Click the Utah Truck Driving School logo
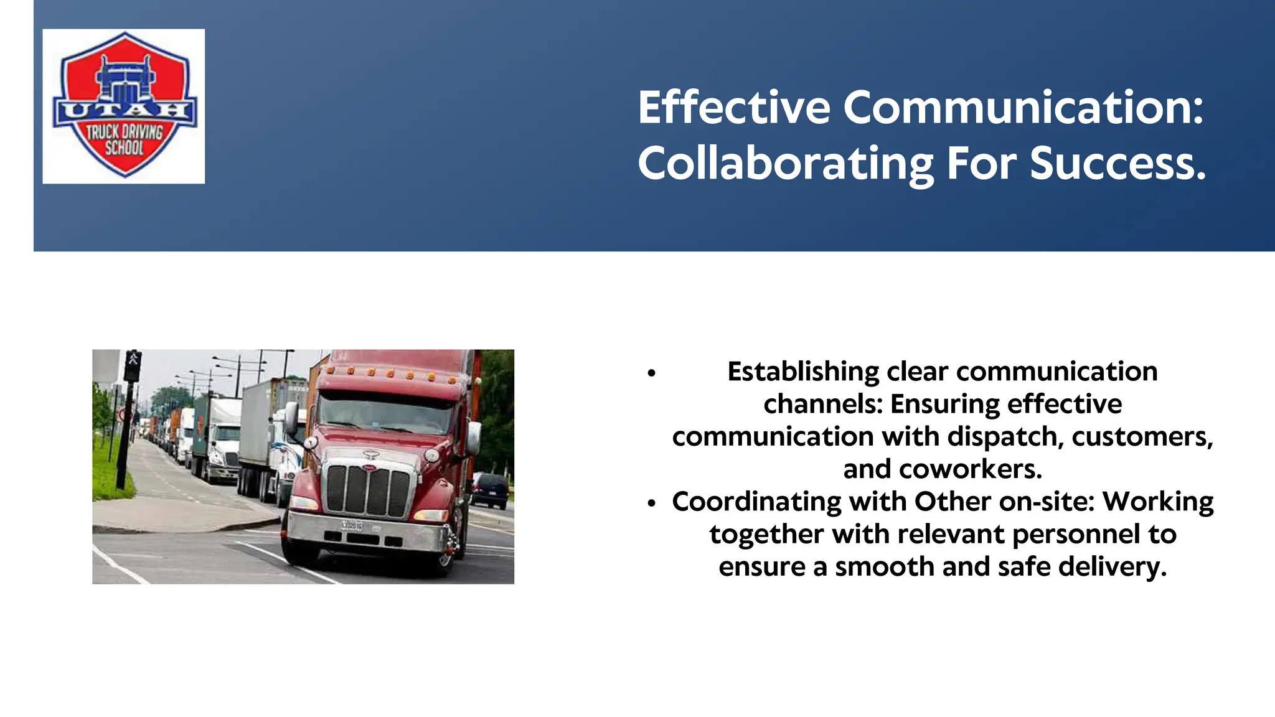coord(124,106)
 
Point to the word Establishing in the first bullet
coord(802,372)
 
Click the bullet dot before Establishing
coord(652,373)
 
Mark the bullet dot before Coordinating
coord(652,503)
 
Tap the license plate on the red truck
coord(352,525)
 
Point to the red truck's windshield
coord(386,413)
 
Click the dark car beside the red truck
coord(490,489)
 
